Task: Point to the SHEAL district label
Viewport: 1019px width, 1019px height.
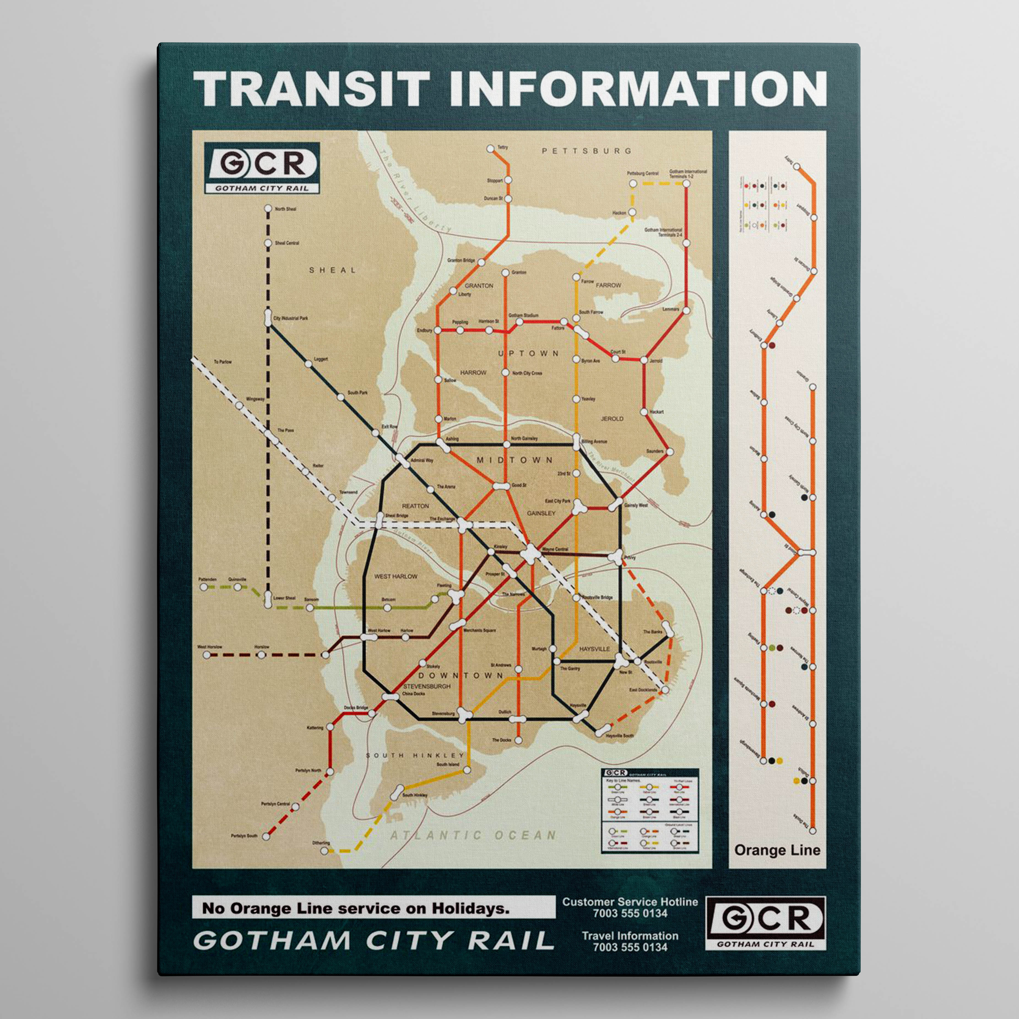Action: (x=332, y=270)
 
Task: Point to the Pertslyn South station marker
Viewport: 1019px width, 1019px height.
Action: (x=266, y=836)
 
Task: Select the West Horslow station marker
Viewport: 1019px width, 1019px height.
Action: (x=207, y=655)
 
